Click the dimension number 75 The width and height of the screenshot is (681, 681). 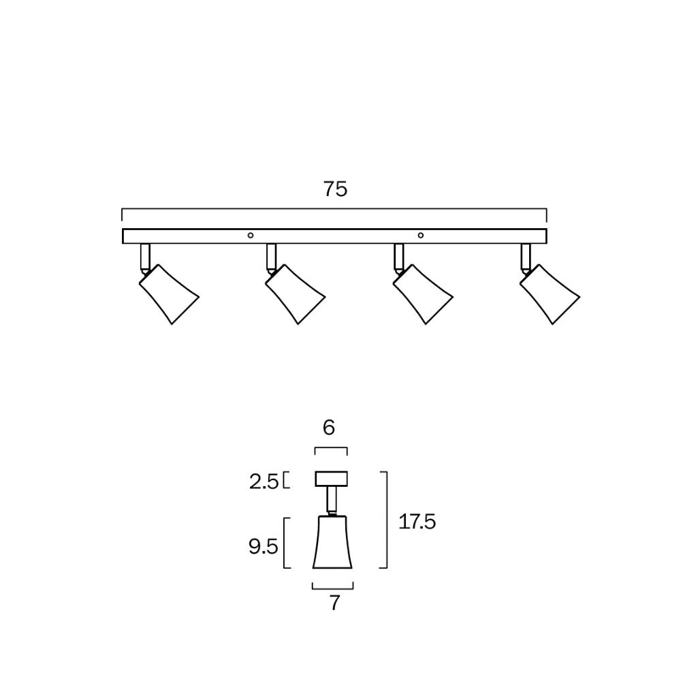coord(335,189)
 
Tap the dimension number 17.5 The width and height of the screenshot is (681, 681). coord(417,522)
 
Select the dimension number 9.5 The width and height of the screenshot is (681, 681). coord(264,546)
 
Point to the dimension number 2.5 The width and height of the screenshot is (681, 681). coord(264,482)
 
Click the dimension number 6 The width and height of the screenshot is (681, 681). coord(329,428)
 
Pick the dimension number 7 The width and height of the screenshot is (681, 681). coord(334,603)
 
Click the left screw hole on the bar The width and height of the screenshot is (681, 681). coord(251,236)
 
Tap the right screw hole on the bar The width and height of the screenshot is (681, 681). coord(421,236)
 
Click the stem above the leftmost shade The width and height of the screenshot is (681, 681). coord(145,256)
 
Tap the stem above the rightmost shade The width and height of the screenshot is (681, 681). coord(526,256)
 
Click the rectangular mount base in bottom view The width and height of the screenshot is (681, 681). coord(331,479)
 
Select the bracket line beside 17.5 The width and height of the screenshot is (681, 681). coord(386,520)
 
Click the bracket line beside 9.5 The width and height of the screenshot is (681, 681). coord(284,543)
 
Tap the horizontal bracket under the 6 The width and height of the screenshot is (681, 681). coord(331,448)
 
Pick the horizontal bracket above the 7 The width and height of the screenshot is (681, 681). coord(333,586)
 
